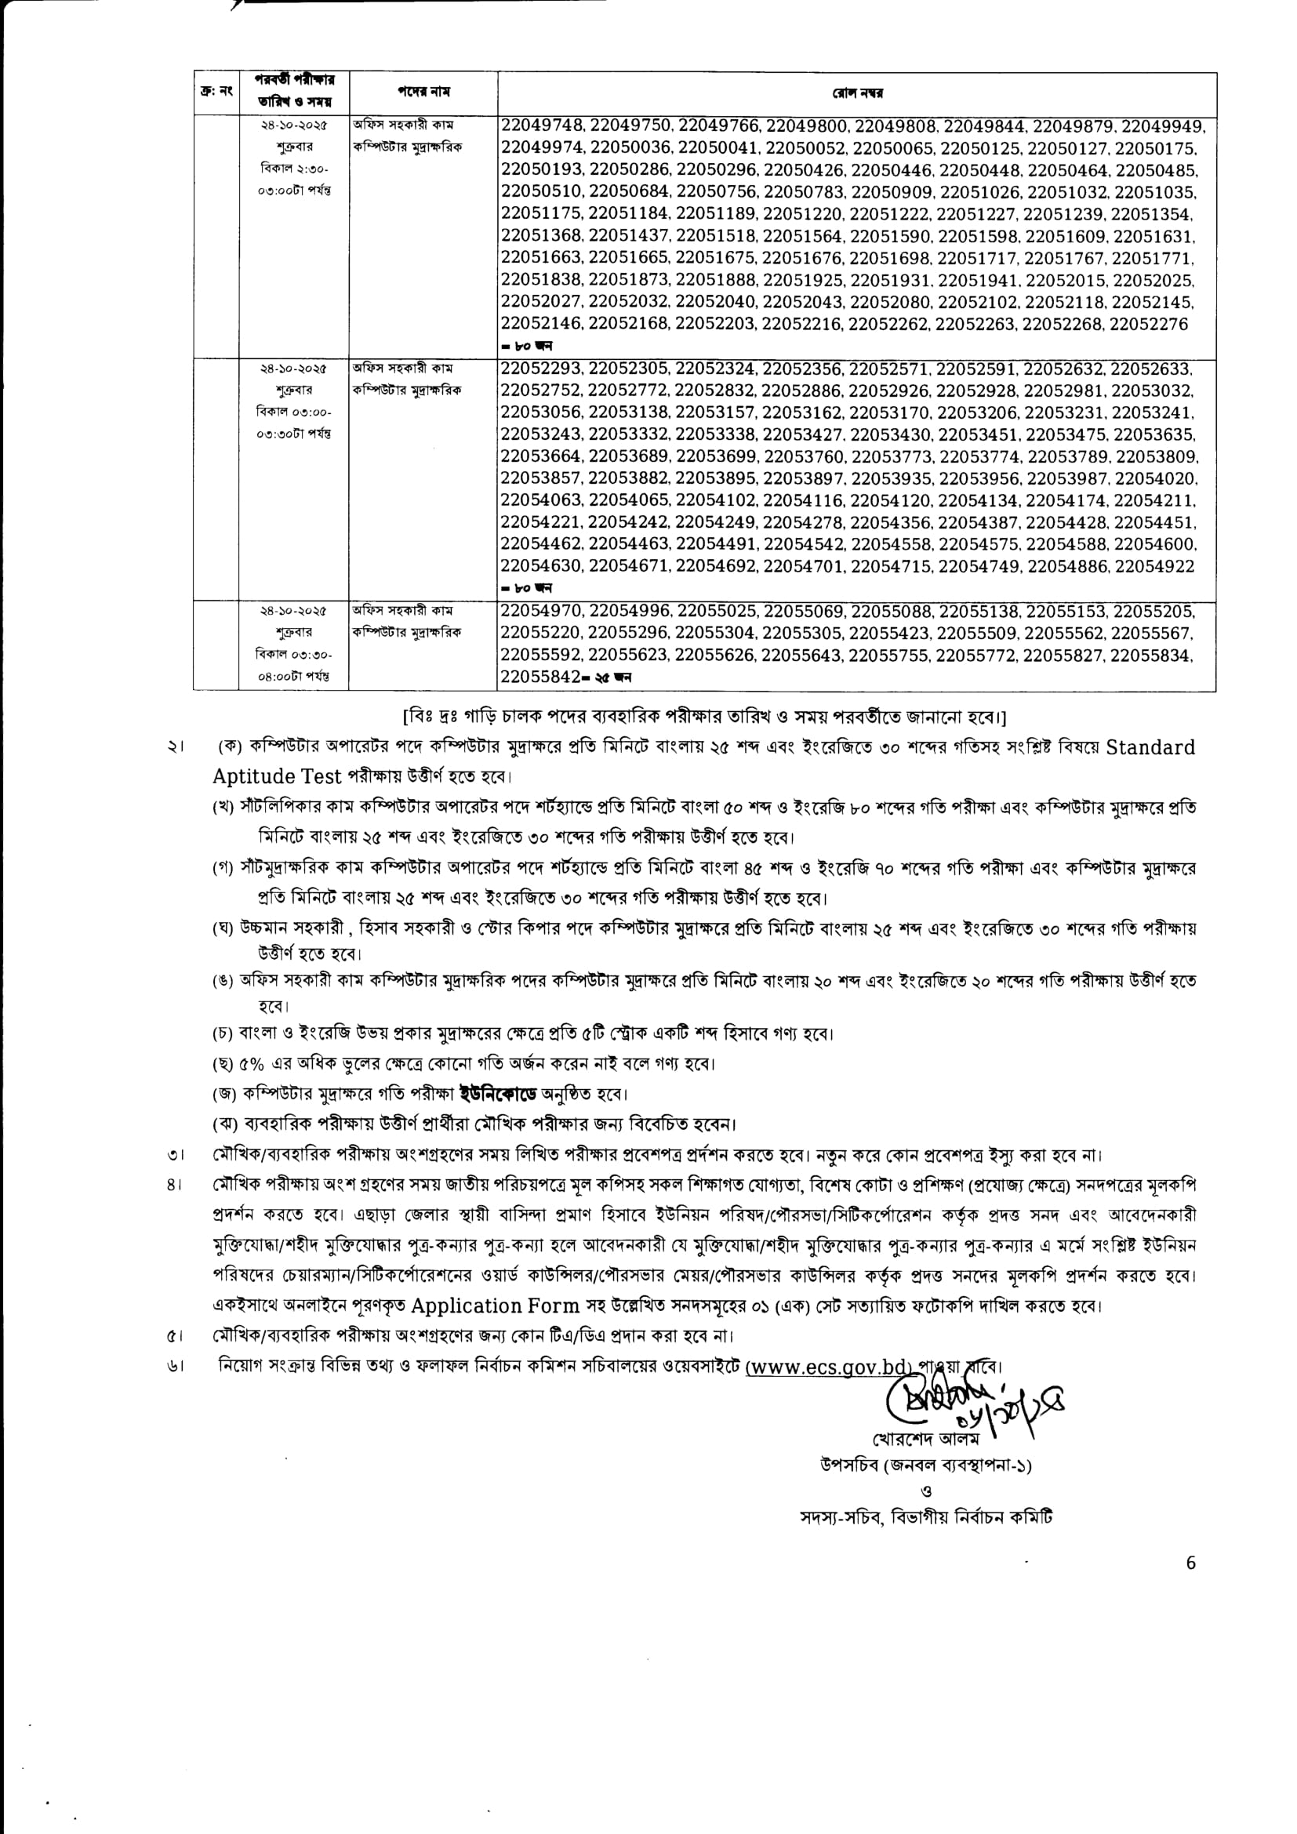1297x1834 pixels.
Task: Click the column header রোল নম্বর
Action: (856, 93)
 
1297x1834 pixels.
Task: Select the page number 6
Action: (1191, 1563)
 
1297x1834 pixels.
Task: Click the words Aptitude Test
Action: (277, 776)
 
